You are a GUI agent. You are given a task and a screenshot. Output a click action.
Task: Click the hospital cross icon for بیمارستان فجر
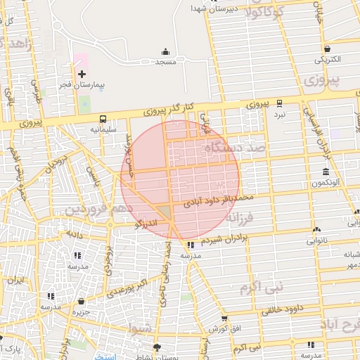pos(82,73)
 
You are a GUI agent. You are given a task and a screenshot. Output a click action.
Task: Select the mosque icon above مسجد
pos(165,51)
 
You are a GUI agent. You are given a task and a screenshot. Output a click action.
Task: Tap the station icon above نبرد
pos(280,103)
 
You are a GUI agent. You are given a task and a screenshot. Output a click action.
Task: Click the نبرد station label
pos(280,113)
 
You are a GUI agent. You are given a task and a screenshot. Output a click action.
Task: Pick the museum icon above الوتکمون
pos(326,172)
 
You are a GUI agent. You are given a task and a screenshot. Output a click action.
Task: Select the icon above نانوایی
pos(317,229)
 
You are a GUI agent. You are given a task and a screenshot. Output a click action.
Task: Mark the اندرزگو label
pos(147,224)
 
